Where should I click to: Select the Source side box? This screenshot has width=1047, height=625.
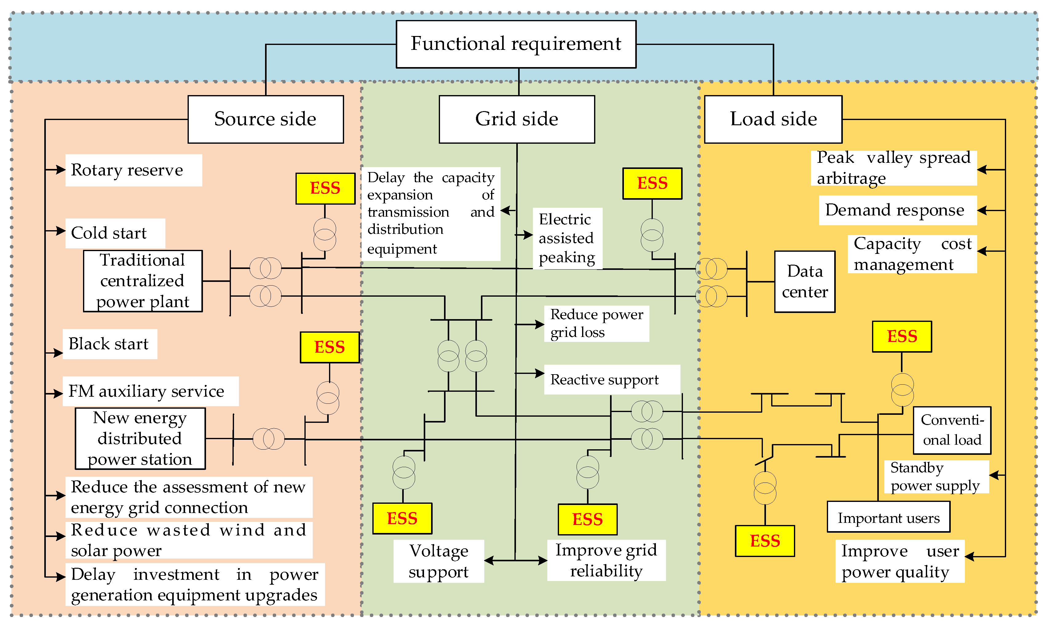coord(266,119)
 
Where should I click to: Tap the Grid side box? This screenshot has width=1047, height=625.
coord(517,119)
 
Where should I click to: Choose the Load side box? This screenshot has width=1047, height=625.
coord(773,119)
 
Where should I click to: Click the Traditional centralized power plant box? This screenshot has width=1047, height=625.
coord(143,281)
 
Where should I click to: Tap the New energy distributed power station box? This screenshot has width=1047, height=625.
coord(140,439)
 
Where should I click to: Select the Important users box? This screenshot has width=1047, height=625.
coord(888,517)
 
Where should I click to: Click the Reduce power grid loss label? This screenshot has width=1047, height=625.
coord(596,323)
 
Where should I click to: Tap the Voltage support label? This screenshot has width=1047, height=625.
coord(438,561)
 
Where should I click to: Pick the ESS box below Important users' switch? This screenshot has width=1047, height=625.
coord(765,541)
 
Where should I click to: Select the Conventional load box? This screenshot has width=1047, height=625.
coord(952,430)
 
